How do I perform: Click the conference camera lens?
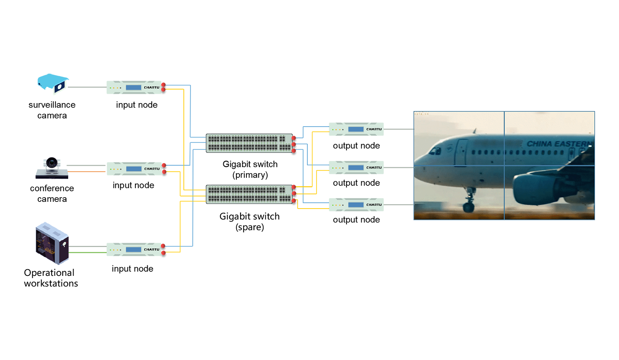(52, 163)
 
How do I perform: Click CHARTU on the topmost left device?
(151, 87)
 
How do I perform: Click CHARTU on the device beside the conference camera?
(151, 169)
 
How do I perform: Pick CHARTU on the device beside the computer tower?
(151, 249)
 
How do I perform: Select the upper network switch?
(249, 143)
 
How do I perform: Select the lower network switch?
(249, 194)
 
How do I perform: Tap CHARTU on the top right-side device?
(374, 129)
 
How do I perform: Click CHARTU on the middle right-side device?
(374, 167)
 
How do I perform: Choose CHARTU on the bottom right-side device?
(374, 205)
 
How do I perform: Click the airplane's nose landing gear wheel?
(468, 207)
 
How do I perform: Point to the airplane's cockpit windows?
(435, 151)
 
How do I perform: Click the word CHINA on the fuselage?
(539, 144)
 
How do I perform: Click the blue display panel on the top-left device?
(134, 87)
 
